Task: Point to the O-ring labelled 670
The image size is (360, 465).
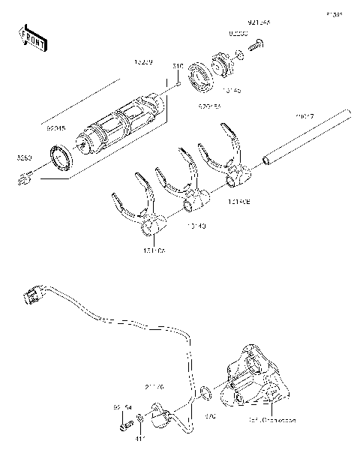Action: [205, 393]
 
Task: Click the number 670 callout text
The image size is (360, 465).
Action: [209, 414]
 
